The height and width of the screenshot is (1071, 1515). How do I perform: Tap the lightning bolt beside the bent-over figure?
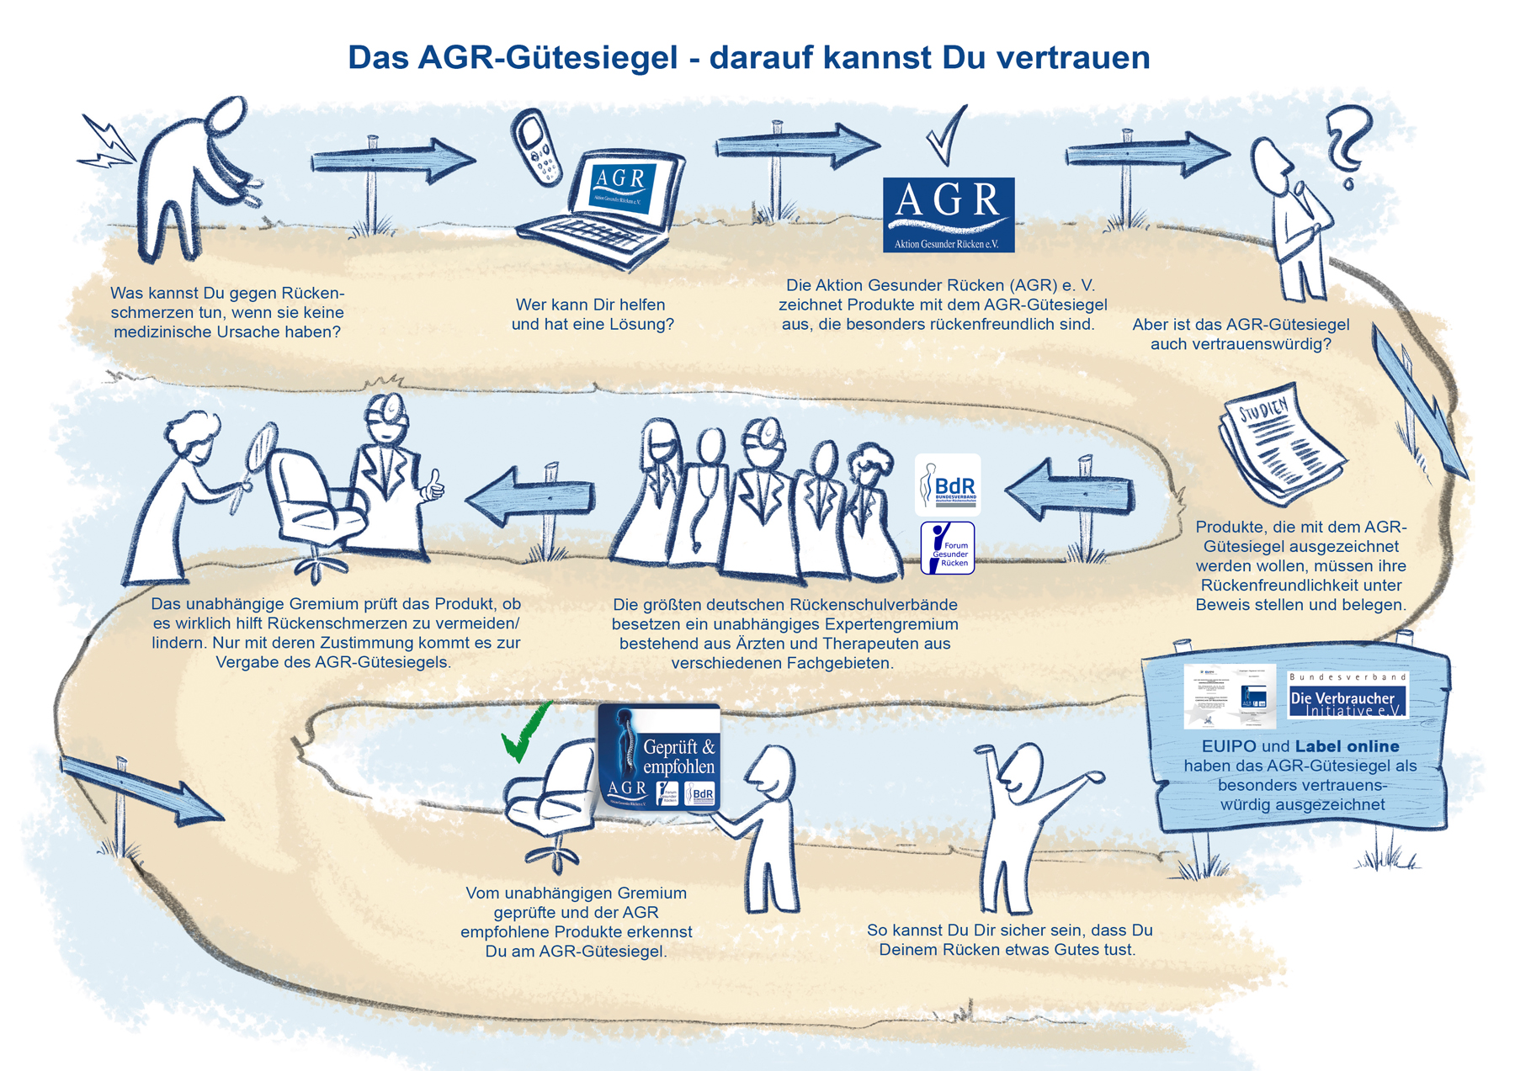point(107,145)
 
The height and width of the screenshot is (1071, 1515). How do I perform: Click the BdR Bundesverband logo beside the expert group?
point(948,485)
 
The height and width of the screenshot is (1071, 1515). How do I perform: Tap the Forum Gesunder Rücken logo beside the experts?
point(948,548)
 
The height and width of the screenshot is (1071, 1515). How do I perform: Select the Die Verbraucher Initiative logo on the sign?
point(1347,696)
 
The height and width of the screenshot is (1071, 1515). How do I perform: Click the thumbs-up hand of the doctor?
point(433,485)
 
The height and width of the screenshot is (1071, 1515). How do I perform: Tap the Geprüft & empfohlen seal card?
point(659,756)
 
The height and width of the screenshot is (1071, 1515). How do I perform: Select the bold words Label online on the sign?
point(1347,746)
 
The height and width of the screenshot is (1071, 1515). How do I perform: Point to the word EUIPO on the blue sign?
point(1228,746)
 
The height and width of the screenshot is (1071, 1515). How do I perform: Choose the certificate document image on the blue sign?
point(1229,696)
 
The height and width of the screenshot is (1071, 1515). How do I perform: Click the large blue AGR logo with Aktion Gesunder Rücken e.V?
point(948,215)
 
